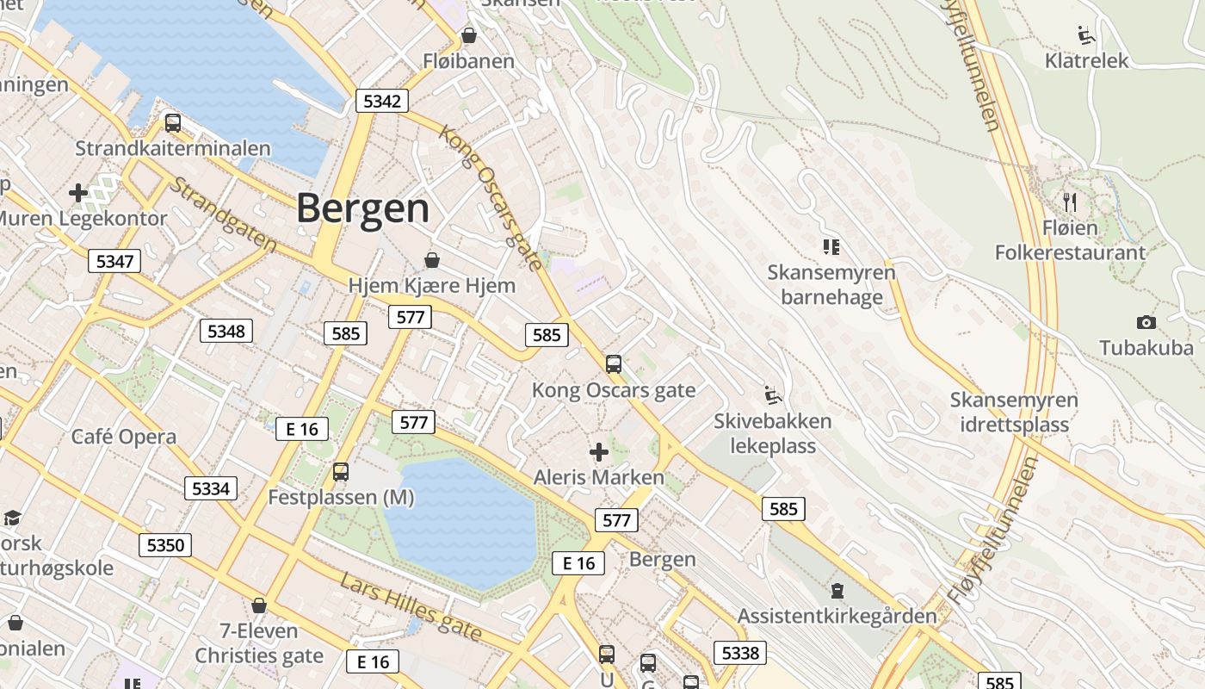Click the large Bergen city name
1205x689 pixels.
(x=362, y=209)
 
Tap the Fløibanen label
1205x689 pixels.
(x=468, y=61)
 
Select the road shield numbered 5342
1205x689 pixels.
(x=382, y=102)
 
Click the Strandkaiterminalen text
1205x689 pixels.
(x=173, y=148)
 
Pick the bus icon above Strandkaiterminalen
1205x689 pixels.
(x=173, y=123)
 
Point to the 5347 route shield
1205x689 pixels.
(x=114, y=261)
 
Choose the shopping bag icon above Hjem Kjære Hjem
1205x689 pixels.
(x=432, y=260)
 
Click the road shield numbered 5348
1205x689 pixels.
(x=226, y=331)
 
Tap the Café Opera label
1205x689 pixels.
(x=124, y=437)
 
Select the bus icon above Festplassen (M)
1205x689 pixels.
(x=341, y=472)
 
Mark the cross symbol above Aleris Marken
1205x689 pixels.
(x=599, y=452)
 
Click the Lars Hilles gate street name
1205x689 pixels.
(x=410, y=606)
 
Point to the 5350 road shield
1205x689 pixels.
(x=165, y=544)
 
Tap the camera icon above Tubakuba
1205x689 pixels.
(x=1146, y=323)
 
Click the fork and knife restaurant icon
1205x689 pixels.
(x=1070, y=202)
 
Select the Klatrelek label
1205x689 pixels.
(x=1086, y=61)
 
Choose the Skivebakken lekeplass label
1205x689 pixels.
(x=772, y=433)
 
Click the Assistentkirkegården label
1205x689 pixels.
(x=837, y=616)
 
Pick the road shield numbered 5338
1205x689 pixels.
(x=740, y=653)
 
